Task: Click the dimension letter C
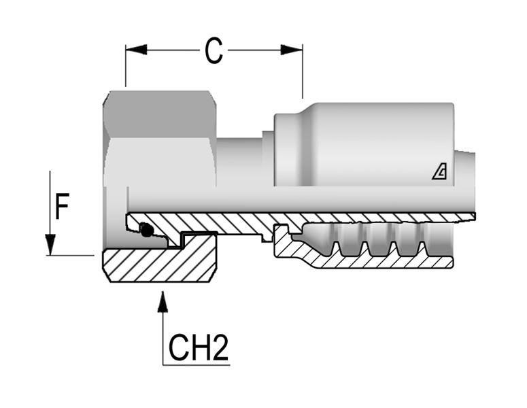(x=214, y=51)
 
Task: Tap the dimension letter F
(x=62, y=207)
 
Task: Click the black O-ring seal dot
(x=146, y=231)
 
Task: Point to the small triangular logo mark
(x=440, y=173)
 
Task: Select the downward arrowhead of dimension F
(x=50, y=244)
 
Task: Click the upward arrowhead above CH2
(x=163, y=301)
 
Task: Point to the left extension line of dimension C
(x=126, y=68)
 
